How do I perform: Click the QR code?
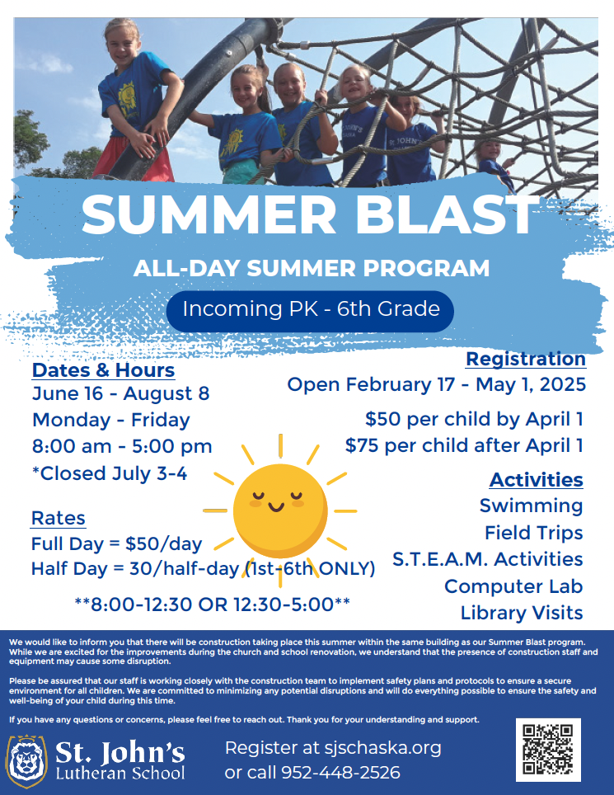tap(548, 750)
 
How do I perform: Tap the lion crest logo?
tap(26, 761)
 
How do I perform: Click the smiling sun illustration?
tap(280, 510)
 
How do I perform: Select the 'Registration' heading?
tap(526, 359)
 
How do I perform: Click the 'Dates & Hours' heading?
tap(103, 370)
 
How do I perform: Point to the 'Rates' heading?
tap(59, 518)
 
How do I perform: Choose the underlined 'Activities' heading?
tap(536, 480)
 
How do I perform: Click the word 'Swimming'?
tap(532, 506)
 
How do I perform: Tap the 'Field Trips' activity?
tap(534, 533)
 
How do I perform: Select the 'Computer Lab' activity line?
tap(513, 586)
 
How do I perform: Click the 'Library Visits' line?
tap(522, 613)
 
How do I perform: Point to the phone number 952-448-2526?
tap(340, 772)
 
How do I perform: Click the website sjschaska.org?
tap(383, 748)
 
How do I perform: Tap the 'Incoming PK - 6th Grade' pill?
tap(310, 311)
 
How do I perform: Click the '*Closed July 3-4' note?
tap(110, 473)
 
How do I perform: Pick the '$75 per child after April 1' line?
tap(464, 445)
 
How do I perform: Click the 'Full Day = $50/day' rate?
tap(116, 544)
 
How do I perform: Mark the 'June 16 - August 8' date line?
tap(120, 394)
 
